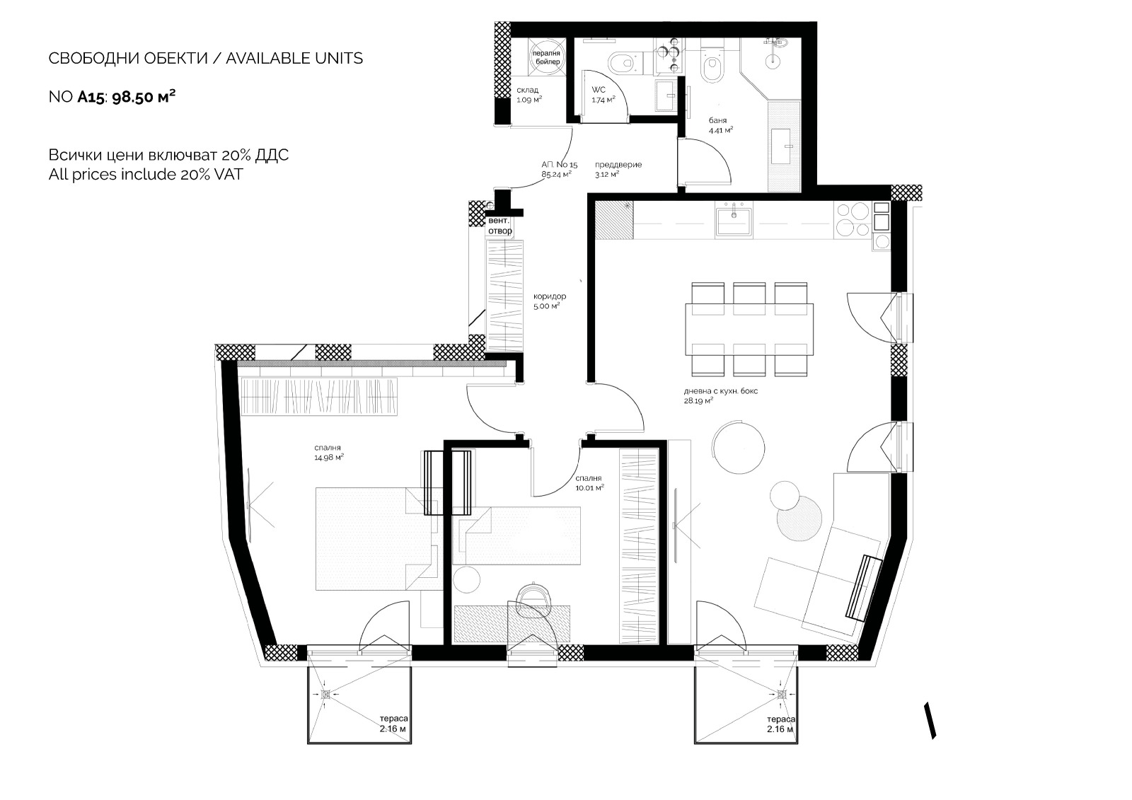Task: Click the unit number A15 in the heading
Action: tap(91, 97)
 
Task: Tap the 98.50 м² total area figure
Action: tap(144, 96)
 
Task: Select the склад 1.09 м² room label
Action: tap(529, 95)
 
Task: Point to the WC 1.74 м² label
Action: tap(603, 95)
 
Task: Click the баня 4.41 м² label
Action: tap(721, 125)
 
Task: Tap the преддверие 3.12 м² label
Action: tap(618, 169)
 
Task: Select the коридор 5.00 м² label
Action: tap(550, 301)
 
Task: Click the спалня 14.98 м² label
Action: tap(329, 453)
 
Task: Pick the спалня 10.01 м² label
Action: tap(590, 483)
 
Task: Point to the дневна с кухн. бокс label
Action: tap(721, 391)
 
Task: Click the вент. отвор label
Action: tap(499, 226)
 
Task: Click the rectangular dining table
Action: tap(749, 330)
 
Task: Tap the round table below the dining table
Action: tap(739, 448)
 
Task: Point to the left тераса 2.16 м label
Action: tap(393, 724)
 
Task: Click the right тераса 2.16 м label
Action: tap(781, 724)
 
